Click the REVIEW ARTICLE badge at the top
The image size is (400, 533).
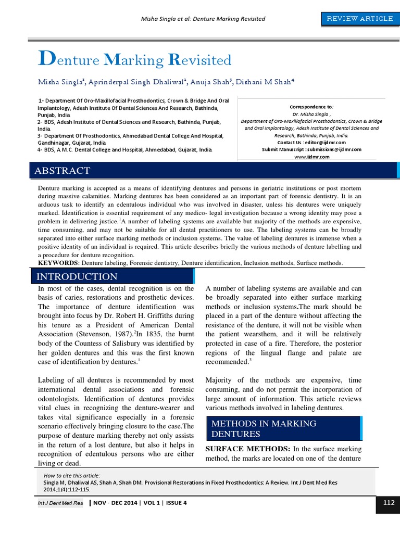click(x=359, y=19)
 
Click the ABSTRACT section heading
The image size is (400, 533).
click(x=62, y=171)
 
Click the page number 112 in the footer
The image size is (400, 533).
click(x=388, y=502)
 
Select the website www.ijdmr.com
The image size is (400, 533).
click(x=312, y=157)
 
